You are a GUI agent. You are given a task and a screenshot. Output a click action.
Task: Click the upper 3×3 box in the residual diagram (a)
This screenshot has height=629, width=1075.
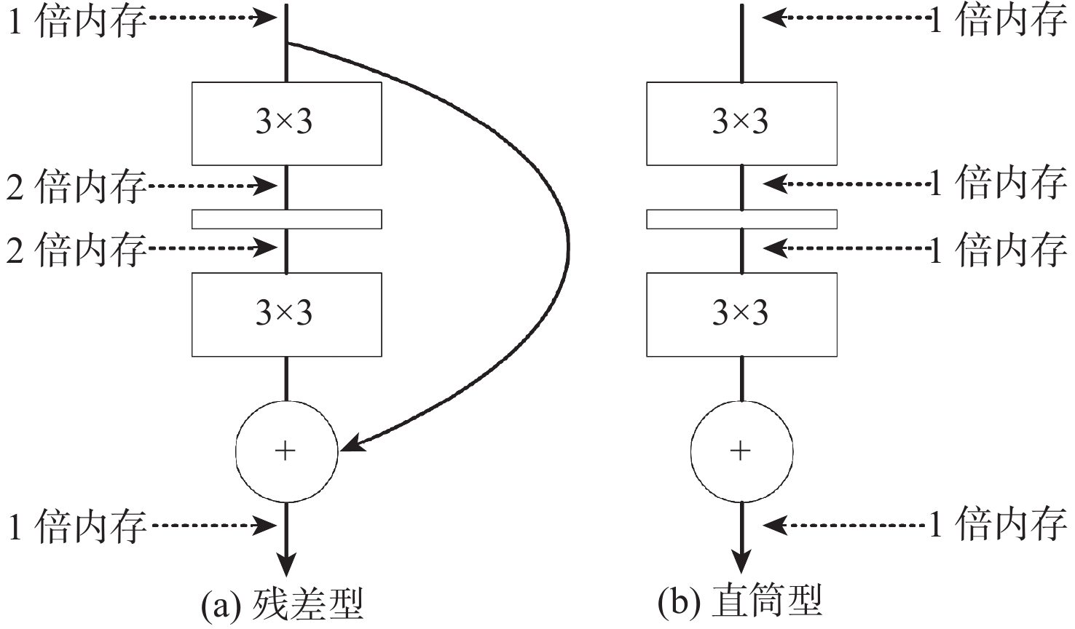(x=286, y=123)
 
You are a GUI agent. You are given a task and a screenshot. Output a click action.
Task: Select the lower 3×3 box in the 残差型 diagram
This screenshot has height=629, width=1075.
(x=286, y=314)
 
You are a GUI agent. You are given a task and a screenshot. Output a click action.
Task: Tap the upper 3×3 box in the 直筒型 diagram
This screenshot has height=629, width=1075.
(x=741, y=123)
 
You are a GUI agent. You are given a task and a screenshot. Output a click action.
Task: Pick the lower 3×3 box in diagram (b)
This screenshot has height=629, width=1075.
(x=741, y=314)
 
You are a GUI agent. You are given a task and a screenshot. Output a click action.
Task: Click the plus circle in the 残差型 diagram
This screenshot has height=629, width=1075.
(x=286, y=451)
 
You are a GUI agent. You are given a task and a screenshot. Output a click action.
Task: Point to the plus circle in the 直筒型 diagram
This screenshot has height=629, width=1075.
(x=741, y=451)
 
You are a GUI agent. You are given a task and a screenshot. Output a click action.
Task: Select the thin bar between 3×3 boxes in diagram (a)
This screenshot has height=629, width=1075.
(x=286, y=218)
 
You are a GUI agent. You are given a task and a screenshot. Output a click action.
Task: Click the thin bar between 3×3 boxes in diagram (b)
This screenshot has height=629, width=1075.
(x=741, y=218)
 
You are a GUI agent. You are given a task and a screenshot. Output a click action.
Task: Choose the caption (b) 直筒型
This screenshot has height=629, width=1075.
(x=740, y=602)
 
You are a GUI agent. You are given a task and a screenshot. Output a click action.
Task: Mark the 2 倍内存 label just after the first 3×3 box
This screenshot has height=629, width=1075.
(x=76, y=187)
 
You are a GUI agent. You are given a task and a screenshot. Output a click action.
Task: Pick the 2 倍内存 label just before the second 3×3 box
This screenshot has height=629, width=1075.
(x=76, y=250)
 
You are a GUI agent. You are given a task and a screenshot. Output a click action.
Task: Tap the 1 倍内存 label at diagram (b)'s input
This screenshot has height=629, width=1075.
(x=998, y=20)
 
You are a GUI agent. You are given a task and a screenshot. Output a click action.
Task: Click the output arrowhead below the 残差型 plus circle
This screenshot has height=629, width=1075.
(x=287, y=564)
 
